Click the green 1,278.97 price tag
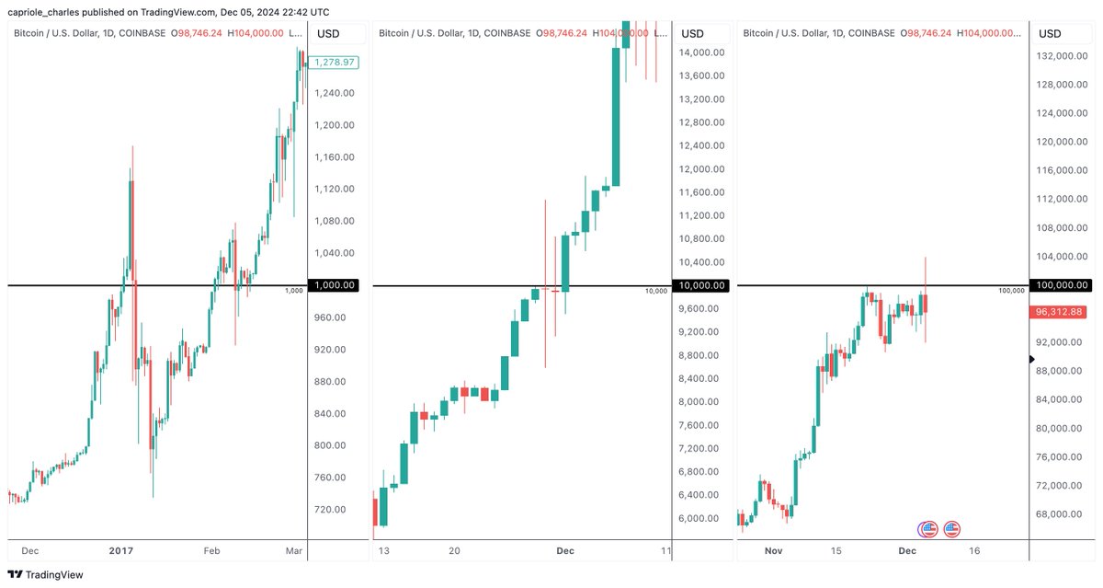point(334,63)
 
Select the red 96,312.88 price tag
point(1058,313)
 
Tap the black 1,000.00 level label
point(334,285)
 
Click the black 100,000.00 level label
point(1062,285)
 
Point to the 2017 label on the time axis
point(121,550)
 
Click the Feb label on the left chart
point(211,550)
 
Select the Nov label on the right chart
point(773,550)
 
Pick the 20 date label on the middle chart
point(454,550)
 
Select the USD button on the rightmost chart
point(1049,34)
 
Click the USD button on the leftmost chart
point(328,34)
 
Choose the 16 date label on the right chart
point(974,550)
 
